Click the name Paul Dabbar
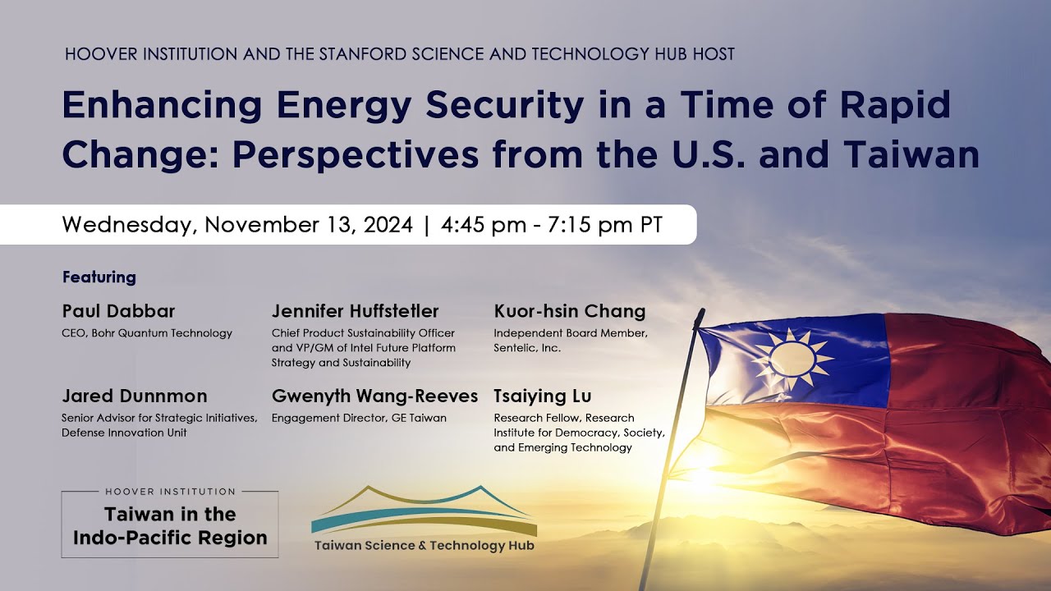(x=118, y=312)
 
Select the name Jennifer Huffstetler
(x=355, y=312)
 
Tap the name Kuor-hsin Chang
(x=569, y=312)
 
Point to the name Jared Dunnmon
(x=134, y=396)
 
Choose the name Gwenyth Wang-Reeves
(x=374, y=396)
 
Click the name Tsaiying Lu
(x=543, y=396)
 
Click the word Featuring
(x=99, y=277)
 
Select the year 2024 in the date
(x=386, y=225)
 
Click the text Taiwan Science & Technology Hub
(x=424, y=545)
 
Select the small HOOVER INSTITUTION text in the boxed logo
(x=170, y=492)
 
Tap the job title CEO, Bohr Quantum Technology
(x=147, y=333)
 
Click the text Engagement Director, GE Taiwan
(x=359, y=418)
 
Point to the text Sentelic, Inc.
(x=527, y=348)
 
